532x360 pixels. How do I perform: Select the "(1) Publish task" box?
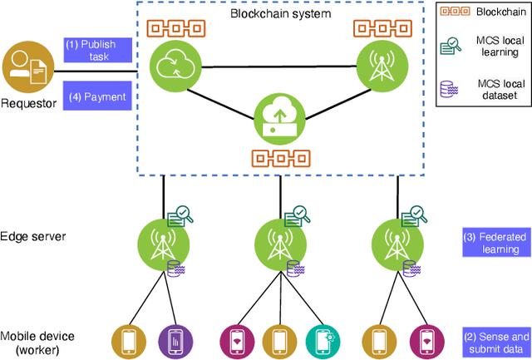click(x=97, y=50)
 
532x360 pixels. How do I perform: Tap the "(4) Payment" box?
click(x=97, y=96)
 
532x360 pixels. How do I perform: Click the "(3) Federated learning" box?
click(x=495, y=243)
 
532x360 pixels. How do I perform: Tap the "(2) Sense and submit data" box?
click(x=495, y=342)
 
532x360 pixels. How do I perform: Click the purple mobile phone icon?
click(x=175, y=341)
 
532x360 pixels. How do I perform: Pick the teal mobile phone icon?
click(x=323, y=341)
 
